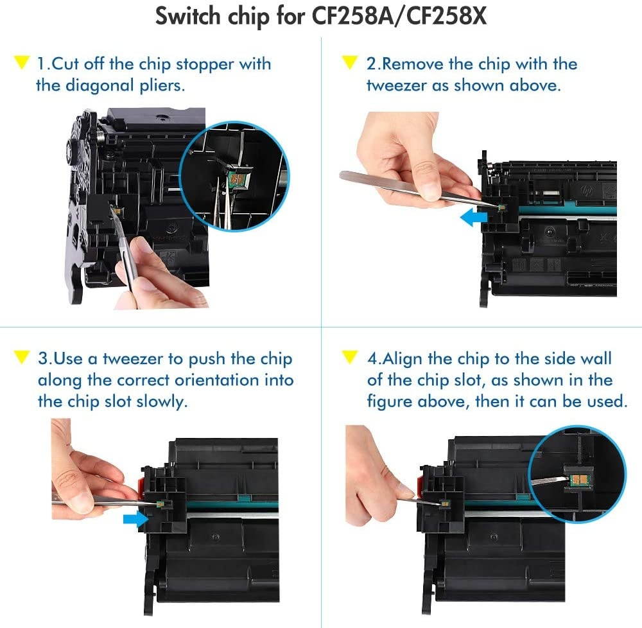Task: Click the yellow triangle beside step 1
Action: (x=21, y=64)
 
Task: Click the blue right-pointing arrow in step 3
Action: (x=134, y=519)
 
